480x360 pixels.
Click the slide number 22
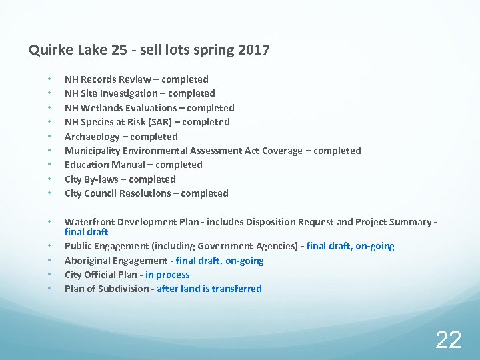pos(448,339)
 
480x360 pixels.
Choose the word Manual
pos(129,165)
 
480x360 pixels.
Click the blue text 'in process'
pos(167,275)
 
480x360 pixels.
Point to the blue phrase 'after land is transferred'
pos(209,289)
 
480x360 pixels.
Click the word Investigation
pos(131,93)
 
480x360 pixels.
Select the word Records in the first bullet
pos(99,79)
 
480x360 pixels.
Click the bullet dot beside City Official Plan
pos(49,275)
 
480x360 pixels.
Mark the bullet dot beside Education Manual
pos(49,165)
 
